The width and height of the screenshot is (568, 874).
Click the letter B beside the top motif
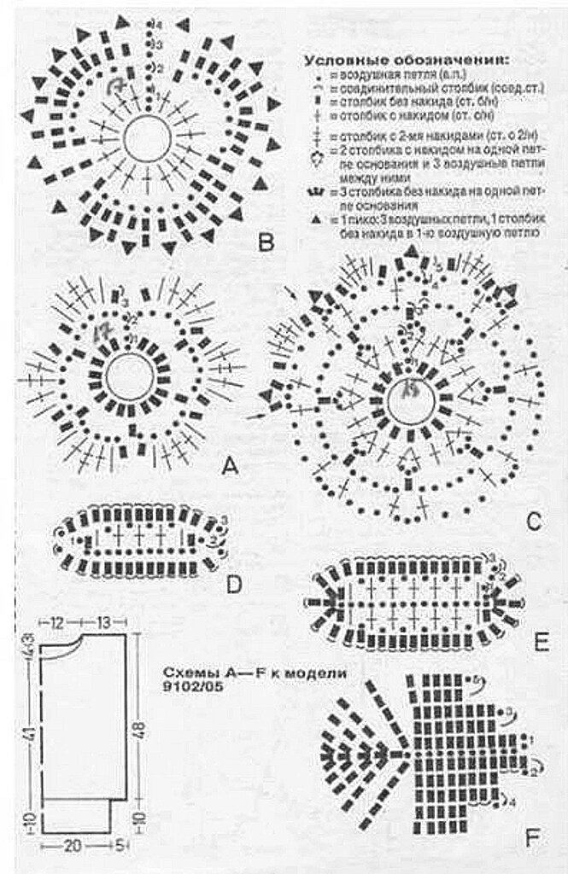coord(265,244)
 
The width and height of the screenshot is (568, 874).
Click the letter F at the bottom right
coord(532,841)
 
